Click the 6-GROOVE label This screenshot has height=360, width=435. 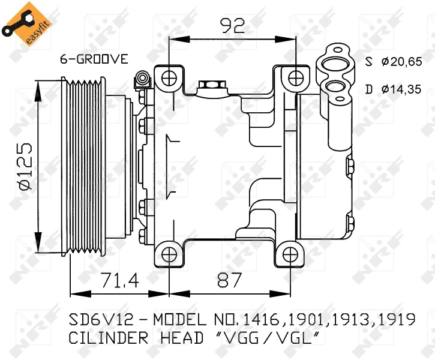[x=94, y=59]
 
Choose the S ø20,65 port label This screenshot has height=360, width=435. [x=394, y=61]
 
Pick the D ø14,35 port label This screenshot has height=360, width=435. [x=394, y=90]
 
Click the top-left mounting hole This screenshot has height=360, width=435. [x=170, y=77]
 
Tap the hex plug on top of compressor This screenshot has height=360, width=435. [x=209, y=86]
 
